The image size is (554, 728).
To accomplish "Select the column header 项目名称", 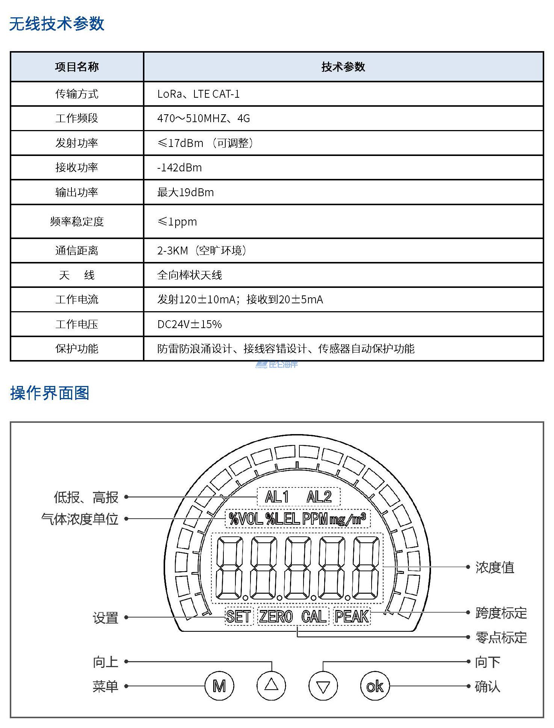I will click(x=77, y=67).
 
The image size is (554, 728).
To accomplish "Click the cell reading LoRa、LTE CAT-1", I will click(x=198, y=94).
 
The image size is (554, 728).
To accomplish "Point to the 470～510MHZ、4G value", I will click(x=203, y=118).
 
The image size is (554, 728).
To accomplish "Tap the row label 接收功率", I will click(x=77, y=167).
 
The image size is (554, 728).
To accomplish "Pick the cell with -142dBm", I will click(x=179, y=167).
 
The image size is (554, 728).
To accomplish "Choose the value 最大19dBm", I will click(x=185, y=192).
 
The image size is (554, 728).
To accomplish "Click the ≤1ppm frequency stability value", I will click(x=177, y=221).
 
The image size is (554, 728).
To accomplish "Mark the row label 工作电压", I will click(x=77, y=324).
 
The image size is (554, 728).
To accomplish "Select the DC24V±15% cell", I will click(x=190, y=324).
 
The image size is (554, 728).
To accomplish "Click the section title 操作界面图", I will click(x=50, y=393).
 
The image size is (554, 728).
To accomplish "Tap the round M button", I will click(x=219, y=686).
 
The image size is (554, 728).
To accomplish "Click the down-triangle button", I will click(x=323, y=686).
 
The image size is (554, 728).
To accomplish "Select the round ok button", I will click(x=375, y=686).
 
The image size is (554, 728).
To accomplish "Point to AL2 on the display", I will click(x=319, y=497).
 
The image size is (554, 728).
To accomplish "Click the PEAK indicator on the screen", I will click(x=352, y=616).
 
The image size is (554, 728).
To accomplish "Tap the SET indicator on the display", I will click(x=238, y=616).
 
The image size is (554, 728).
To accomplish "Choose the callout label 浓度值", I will click(x=495, y=568).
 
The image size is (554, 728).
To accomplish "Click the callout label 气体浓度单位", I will click(x=80, y=519).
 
